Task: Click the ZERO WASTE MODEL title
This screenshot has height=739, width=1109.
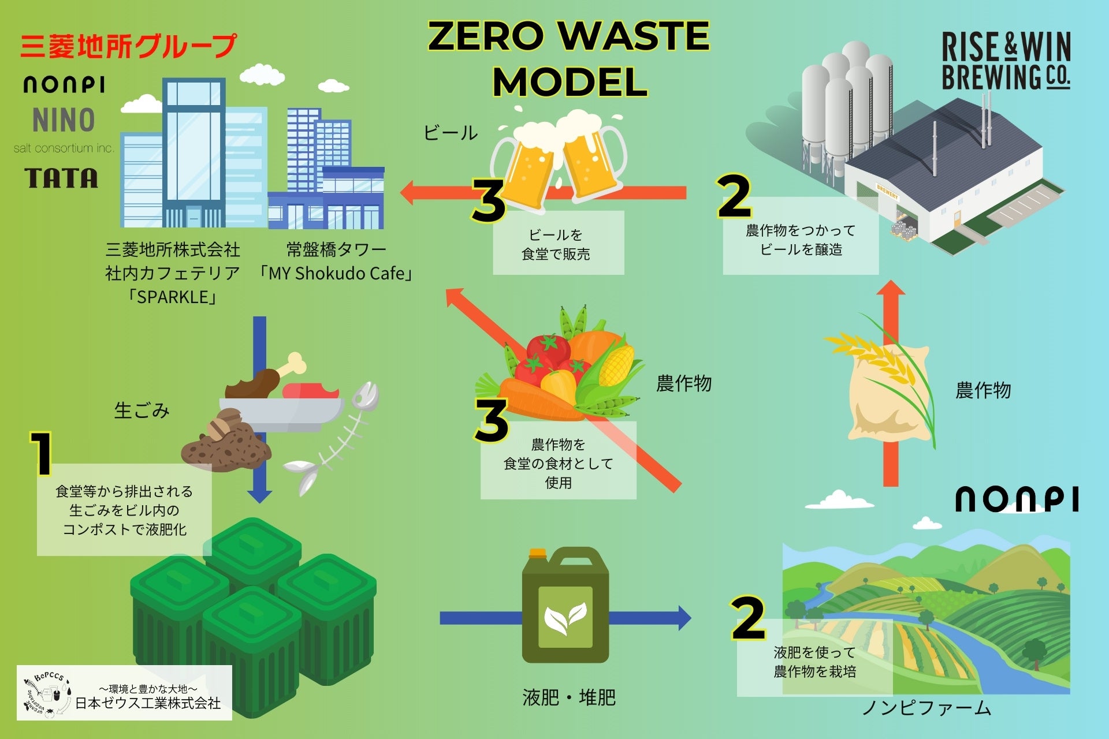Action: (x=569, y=59)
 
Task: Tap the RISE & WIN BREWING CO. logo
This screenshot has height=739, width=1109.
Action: (x=1006, y=61)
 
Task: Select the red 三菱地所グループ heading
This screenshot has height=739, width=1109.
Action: (x=128, y=46)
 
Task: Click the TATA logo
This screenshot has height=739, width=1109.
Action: (x=61, y=178)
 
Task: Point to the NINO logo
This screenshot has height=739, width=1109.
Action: (x=64, y=120)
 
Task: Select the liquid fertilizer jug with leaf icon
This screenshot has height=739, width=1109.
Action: (x=565, y=606)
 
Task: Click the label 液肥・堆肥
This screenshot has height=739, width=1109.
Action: (x=569, y=697)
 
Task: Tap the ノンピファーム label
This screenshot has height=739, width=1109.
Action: (x=926, y=708)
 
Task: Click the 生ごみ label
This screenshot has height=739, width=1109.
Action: (x=142, y=410)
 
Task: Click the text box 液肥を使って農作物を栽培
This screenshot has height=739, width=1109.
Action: (x=814, y=662)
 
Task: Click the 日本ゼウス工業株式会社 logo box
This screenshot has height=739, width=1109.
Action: (x=124, y=693)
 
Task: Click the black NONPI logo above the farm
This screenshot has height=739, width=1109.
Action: (x=1017, y=499)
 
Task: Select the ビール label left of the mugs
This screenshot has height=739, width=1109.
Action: (x=450, y=133)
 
